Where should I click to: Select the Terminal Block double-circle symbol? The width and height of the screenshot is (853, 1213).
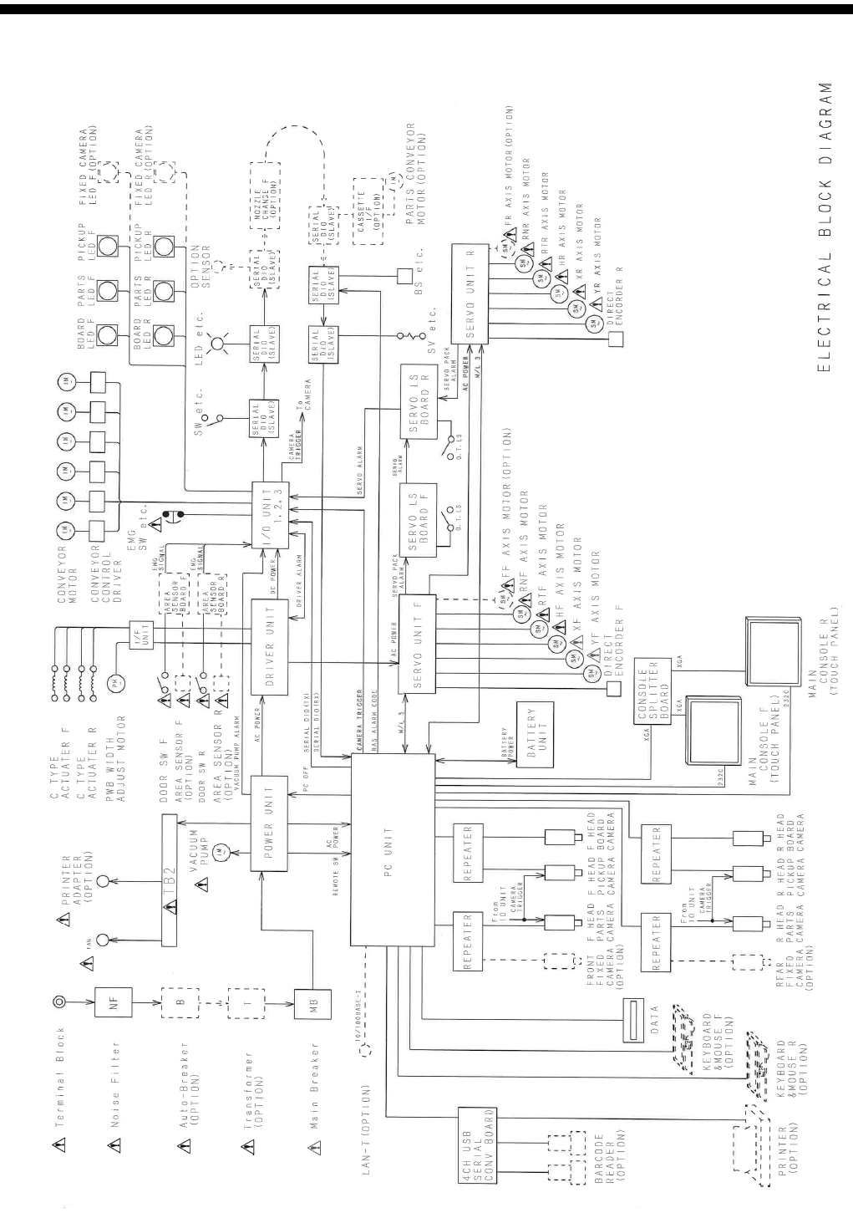[59, 999]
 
